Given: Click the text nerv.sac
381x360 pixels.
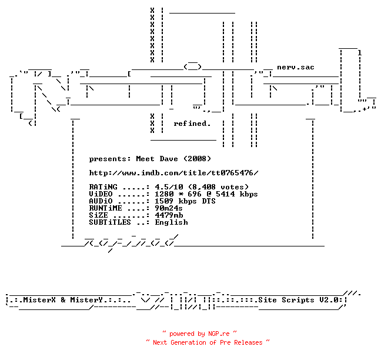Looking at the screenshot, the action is click(x=296, y=67).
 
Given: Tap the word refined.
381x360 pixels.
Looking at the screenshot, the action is click(x=192, y=124).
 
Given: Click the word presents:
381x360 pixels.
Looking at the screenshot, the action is click(x=110, y=159).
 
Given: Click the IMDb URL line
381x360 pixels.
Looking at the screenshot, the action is click(x=173, y=173).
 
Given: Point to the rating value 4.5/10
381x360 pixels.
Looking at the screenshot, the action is click(x=169, y=187).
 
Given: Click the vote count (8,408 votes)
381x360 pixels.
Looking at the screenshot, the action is click(x=219, y=187).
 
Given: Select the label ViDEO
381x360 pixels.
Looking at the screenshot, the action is click(x=101, y=194).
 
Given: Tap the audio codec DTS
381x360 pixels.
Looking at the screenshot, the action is click(x=209, y=201).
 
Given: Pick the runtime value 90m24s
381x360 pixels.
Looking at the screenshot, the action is click(x=169, y=208).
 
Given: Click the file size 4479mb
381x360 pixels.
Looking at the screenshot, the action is click(x=169, y=215).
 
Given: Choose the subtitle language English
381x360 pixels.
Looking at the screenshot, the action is click(x=171, y=222).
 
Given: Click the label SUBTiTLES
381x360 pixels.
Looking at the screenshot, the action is click(x=110, y=222).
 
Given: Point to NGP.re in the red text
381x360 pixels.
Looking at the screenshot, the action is click(x=219, y=334).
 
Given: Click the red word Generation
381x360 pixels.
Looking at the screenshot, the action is click(x=188, y=342).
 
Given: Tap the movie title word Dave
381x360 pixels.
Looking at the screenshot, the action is click(x=169, y=159).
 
